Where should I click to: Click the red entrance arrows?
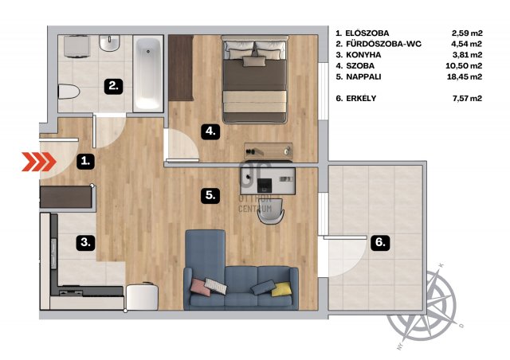(x=39, y=162)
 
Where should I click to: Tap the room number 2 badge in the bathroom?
(x=113, y=86)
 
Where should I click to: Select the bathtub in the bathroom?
(x=148, y=74)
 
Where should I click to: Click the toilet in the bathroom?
(x=69, y=92)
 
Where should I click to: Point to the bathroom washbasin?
(x=110, y=43)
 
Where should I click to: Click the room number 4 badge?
(x=210, y=131)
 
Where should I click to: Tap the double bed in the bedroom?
(x=255, y=79)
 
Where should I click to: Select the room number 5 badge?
(x=210, y=195)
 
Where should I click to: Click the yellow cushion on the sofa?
(x=281, y=289)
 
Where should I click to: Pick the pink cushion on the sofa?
(x=200, y=287)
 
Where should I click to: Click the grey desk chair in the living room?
(x=271, y=212)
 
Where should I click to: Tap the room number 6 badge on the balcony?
(x=380, y=242)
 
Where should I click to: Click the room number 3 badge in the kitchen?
(x=86, y=242)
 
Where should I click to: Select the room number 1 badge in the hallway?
(x=86, y=161)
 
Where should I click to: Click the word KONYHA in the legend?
(x=363, y=55)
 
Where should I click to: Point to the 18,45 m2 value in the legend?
(x=465, y=76)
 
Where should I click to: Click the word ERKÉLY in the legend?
(x=361, y=98)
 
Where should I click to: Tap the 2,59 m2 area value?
(x=467, y=33)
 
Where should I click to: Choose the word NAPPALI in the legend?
(x=363, y=76)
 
